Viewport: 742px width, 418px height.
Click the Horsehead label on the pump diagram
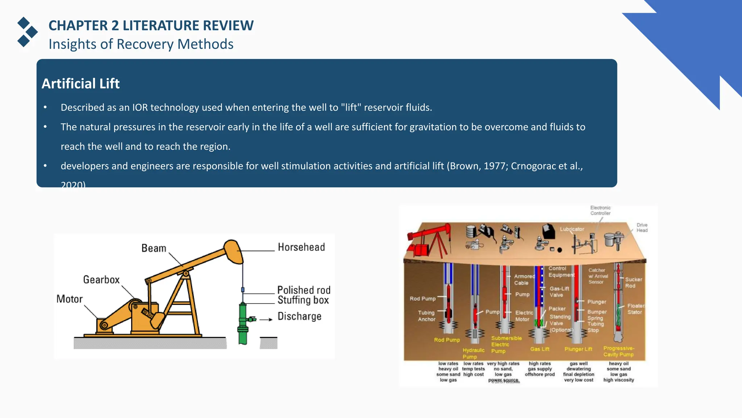pyautogui.click(x=301, y=247)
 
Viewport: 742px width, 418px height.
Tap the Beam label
pyautogui.click(x=154, y=248)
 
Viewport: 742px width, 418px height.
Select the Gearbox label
pyautogui.click(x=101, y=280)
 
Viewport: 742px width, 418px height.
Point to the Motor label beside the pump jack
pyautogui.click(x=70, y=299)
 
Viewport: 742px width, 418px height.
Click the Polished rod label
pyautogui.click(x=304, y=290)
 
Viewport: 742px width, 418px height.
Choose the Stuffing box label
pyautogui.click(x=303, y=300)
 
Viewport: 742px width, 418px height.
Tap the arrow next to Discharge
pyautogui.click(x=266, y=320)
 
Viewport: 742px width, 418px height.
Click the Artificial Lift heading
pyautogui.click(x=80, y=84)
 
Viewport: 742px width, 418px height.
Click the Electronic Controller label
pyautogui.click(x=600, y=210)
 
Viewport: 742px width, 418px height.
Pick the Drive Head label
pyautogui.click(x=642, y=228)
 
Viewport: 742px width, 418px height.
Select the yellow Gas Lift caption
pyautogui.click(x=540, y=349)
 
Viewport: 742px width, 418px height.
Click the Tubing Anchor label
pyautogui.click(x=426, y=316)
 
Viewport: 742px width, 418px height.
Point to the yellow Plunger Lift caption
pyautogui.click(x=578, y=349)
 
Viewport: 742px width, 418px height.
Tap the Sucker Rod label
pyautogui.click(x=633, y=283)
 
